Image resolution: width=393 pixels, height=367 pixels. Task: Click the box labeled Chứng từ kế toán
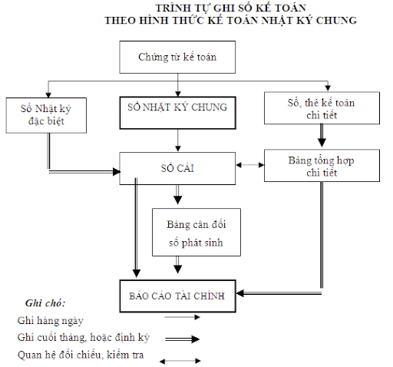[x=177, y=57]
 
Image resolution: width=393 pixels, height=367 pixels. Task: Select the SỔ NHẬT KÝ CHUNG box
[x=177, y=113]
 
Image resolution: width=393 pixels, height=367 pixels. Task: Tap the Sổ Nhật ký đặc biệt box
[x=46, y=115]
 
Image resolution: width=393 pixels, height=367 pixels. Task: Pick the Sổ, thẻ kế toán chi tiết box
[x=322, y=108]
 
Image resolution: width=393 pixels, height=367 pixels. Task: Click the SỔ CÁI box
[x=177, y=168]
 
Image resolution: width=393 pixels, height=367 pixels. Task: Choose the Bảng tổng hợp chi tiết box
[x=322, y=166]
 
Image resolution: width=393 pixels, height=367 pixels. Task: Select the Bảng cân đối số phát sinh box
[x=196, y=232]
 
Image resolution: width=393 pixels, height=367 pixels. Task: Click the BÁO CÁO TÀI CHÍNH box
[x=177, y=296]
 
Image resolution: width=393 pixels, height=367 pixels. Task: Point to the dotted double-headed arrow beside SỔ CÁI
[x=250, y=165]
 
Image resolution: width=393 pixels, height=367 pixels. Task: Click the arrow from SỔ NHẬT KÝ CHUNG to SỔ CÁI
[x=178, y=141]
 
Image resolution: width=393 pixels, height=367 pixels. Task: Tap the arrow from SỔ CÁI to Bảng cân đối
[x=178, y=194]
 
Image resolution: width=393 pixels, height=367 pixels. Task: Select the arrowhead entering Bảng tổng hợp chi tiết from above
[x=322, y=142]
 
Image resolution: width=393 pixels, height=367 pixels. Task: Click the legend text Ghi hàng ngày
[x=51, y=320]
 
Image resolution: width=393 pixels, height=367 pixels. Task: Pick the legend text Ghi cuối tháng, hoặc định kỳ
[x=84, y=338]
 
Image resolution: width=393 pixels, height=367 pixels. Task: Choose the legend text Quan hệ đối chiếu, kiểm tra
[x=81, y=355]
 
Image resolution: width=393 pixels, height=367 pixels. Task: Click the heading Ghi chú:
[x=45, y=303]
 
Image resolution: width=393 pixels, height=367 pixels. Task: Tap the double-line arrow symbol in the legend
[x=182, y=339]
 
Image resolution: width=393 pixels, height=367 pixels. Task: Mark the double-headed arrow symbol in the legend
[x=180, y=361]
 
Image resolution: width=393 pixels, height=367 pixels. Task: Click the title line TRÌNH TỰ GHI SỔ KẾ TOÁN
[x=231, y=8]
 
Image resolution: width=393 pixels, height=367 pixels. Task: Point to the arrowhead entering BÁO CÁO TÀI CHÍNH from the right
[x=240, y=293]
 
